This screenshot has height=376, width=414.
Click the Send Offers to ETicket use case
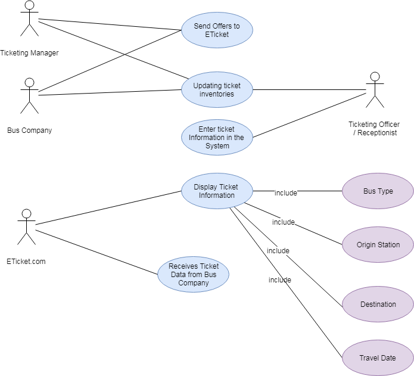[x=217, y=30]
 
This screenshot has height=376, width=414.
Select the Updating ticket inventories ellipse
[x=217, y=90]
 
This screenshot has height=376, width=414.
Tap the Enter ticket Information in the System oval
[x=217, y=137]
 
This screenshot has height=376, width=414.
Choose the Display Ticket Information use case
[x=217, y=191]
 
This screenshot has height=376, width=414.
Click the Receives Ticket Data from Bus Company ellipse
[x=193, y=275]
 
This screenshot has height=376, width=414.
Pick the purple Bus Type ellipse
[x=378, y=191]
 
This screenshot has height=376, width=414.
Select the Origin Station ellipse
[x=378, y=245]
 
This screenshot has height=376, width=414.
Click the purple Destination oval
[x=378, y=304]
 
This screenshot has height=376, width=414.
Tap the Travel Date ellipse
[x=378, y=358]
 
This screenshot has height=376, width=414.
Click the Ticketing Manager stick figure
[x=29, y=19]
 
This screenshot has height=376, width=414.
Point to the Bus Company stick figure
[x=29, y=95]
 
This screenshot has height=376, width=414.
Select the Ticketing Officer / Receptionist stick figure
[x=375, y=90]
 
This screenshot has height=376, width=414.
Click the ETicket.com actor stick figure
[x=26, y=226]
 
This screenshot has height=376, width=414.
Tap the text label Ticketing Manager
[x=29, y=53]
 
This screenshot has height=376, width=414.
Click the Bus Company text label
[x=29, y=130]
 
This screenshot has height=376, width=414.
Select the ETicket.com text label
[x=26, y=262]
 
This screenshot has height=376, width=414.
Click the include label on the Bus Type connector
[x=285, y=192]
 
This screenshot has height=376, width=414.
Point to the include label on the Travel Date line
[x=279, y=280]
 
